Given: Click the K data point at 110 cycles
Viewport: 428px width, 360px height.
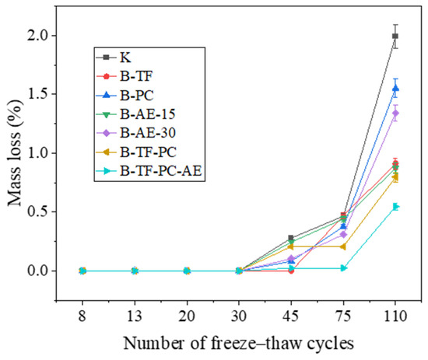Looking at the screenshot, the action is click(395, 36).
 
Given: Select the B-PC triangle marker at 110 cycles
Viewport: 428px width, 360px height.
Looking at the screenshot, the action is click(395, 89).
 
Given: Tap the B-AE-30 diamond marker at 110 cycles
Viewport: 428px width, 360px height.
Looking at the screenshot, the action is click(395, 114).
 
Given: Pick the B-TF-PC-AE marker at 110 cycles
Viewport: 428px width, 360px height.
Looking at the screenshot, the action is click(395, 207).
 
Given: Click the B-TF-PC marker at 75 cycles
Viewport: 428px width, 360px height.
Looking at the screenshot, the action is click(343, 246).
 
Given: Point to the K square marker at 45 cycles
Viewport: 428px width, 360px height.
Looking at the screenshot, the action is click(291, 238).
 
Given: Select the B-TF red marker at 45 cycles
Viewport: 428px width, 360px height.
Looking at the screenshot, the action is click(291, 271).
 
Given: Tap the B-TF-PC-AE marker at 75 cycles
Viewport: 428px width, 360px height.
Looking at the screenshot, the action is click(343, 268).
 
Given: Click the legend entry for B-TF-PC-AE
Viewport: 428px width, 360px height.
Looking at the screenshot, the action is click(149, 171).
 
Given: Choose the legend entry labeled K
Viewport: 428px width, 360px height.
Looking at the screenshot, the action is click(114, 58).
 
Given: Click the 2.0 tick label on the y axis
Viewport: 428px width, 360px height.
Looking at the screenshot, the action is click(38, 36).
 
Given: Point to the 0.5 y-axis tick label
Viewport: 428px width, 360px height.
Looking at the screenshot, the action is click(38, 212).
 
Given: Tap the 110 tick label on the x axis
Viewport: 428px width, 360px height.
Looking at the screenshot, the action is click(395, 316).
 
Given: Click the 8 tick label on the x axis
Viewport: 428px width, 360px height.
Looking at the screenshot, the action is click(82, 316).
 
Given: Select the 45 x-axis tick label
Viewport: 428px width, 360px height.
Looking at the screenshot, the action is click(291, 316).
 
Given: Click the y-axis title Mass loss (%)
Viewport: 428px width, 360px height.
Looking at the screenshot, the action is click(14, 152).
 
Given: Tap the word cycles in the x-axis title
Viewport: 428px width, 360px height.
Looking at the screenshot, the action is click(331, 344).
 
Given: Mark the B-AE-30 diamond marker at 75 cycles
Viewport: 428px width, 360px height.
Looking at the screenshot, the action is click(343, 234).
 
